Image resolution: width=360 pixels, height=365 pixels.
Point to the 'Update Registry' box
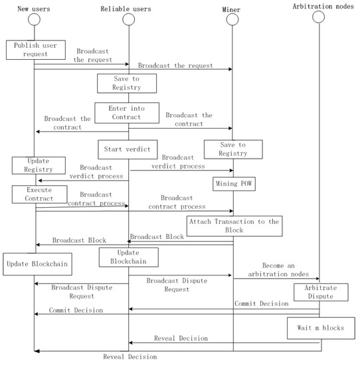(38, 166)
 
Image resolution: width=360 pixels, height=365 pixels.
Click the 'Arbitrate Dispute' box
(321, 293)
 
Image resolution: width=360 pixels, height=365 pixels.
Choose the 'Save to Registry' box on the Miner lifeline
(232, 149)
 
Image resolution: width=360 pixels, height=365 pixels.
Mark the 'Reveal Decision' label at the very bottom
(130, 357)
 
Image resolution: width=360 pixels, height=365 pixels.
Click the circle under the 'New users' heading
(34, 19)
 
